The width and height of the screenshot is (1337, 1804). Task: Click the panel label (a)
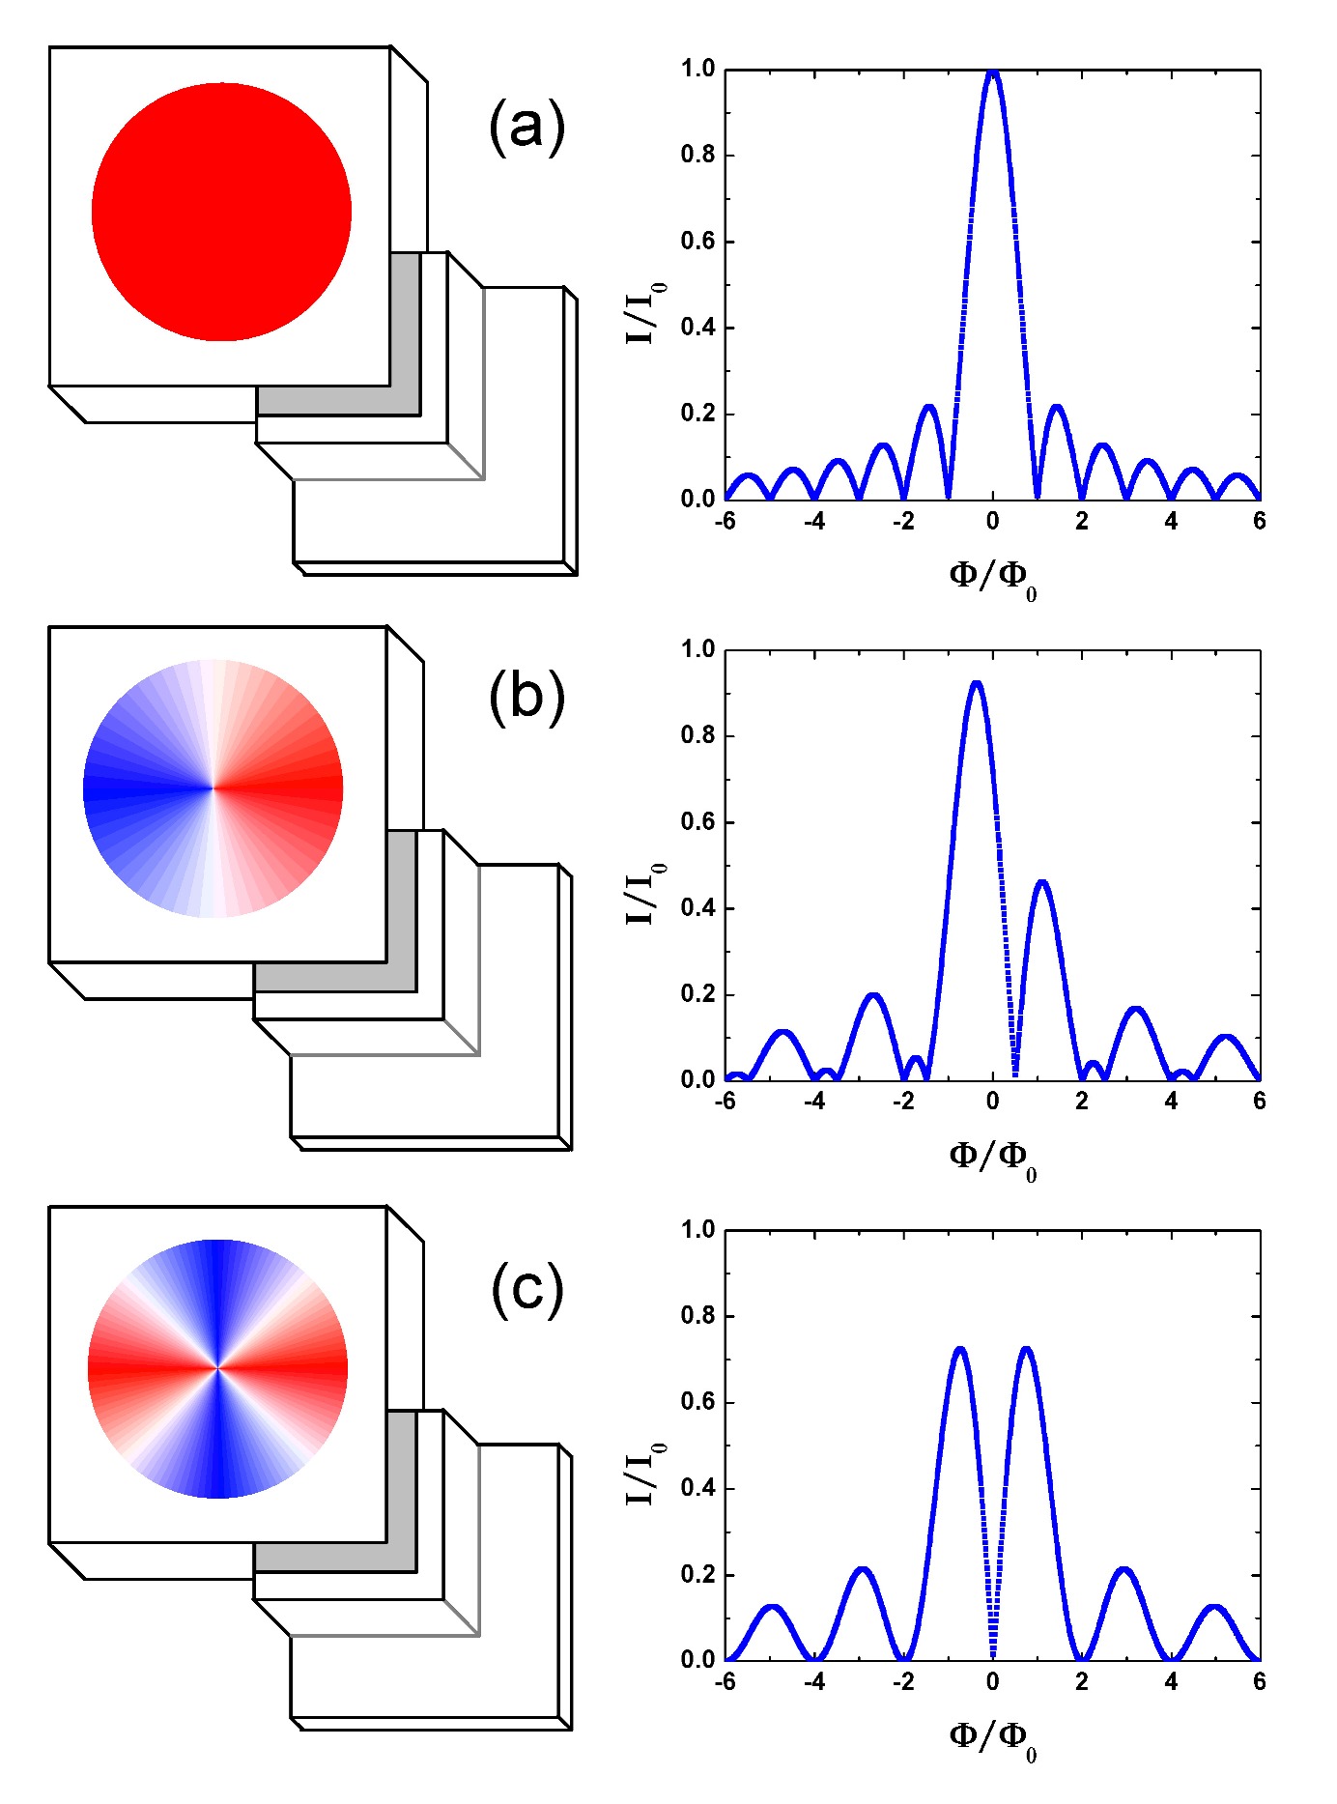pyautogui.click(x=526, y=128)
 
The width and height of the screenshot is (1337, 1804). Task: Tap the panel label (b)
pyautogui.click(x=526, y=696)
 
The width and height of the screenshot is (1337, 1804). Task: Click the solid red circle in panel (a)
pyautogui.click(x=221, y=212)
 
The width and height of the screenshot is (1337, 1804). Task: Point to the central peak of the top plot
pyautogui.click(x=992, y=73)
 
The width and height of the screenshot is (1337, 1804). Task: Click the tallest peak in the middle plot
pyautogui.click(x=977, y=684)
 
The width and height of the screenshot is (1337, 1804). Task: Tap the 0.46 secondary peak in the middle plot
pyautogui.click(x=1042, y=882)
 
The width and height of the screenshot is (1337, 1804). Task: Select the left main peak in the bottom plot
pyautogui.click(x=959, y=1349)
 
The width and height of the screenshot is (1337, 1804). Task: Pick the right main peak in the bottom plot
pyautogui.click(x=1026, y=1349)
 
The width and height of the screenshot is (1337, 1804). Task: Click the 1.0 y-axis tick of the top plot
pyautogui.click(x=697, y=69)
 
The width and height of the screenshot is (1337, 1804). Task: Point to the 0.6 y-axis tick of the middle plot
pyautogui.click(x=697, y=821)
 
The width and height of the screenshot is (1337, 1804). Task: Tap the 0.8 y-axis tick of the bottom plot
pyautogui.click(x=697, y=1316)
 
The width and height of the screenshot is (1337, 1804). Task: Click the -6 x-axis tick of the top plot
pyautogui.click(x=725, y=521)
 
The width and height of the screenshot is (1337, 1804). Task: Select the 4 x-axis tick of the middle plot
pyautogui.click(x=1171, y=1101)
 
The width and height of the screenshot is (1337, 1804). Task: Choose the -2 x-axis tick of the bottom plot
pyautogui.click(x=903, y=1681)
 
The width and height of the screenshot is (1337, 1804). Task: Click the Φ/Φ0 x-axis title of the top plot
pyautogui.click(x=992, y=577)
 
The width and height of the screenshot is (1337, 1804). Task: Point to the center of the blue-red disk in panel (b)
pyautogui.click(x=213, y=788)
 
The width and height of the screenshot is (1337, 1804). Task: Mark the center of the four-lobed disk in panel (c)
pyautogui.click(x=217, y=1368)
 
